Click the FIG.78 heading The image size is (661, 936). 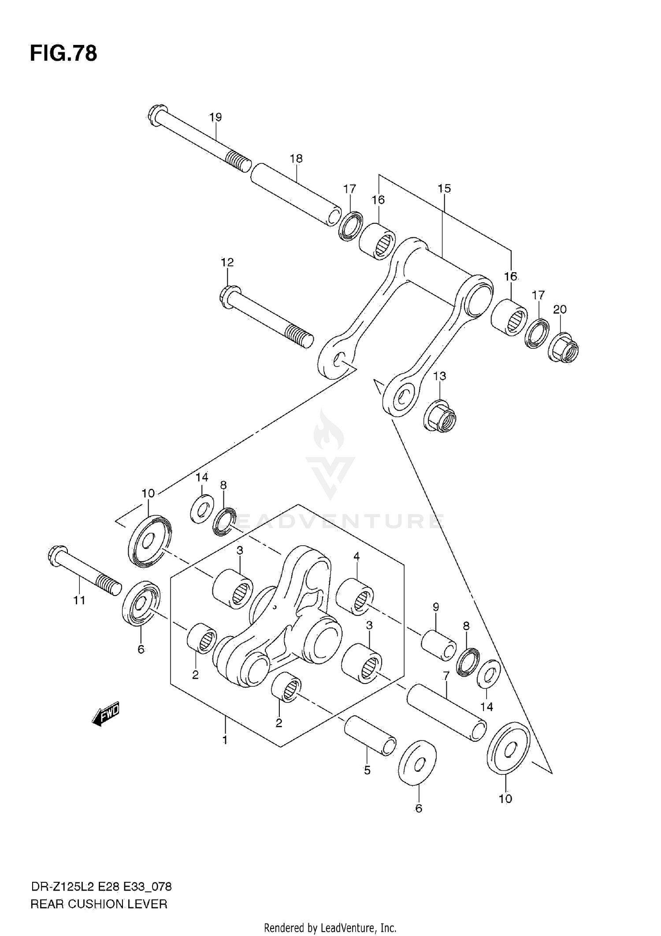63,54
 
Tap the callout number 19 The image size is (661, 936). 215,117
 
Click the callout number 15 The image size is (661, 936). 444,189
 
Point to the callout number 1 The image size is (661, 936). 225,740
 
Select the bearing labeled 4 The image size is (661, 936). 355,597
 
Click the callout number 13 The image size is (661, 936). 439,376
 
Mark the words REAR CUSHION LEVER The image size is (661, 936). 99,904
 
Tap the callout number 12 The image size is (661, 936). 227,263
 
